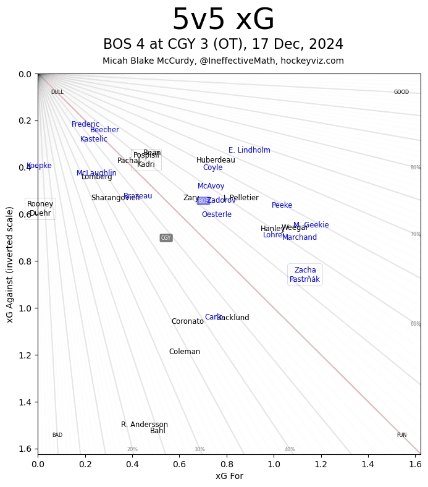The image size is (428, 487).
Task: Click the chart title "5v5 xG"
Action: click(x=223, y=20)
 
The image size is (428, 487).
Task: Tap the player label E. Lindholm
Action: click(x=250, y=150)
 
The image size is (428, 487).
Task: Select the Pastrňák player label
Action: click(x=304, y=279)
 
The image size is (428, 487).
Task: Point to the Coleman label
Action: click(x=185, y=352)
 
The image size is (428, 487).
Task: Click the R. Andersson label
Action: click(x=145, y=425)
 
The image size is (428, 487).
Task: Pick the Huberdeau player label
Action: click(x=216, y=160)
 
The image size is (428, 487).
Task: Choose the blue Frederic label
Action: click(x=85, y=124)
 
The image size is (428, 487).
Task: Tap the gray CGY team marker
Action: click(x=166, y=238)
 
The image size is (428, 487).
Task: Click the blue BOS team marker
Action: click(x=203, y=201)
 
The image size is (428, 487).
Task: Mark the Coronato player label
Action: click(x=188, y=321)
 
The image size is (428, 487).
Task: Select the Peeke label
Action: click(x=282, y=205)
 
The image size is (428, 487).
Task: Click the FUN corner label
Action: click(x=401, y=435)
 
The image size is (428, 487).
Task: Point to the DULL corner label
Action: click(x=57, y=92)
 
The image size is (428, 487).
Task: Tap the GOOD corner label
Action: click(x=401, y=92)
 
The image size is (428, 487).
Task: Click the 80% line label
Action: click(x=416, y=167)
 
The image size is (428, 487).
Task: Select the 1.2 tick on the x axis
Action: click(x=321, y=463)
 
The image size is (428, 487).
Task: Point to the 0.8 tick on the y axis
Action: click(x=25, y=261)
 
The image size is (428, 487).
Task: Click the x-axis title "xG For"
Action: click(x=229, y=476)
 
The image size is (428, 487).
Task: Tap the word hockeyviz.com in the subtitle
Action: click(x=316, y=61)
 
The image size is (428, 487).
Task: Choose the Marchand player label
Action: click(x=300, y=237)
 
